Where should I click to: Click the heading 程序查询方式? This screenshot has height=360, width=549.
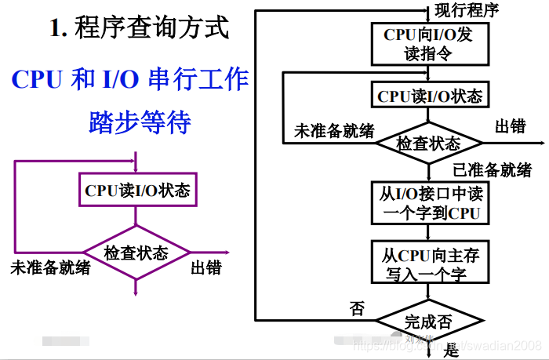click(x=152, y=29)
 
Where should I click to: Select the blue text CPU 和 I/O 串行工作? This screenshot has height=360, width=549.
click(x=130, y=78)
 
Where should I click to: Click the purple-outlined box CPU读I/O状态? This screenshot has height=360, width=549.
click(x=137, y=190)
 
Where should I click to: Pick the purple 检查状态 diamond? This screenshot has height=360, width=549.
click(x=136, y=253)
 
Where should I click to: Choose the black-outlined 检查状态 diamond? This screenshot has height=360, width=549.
click(x=428, y=144)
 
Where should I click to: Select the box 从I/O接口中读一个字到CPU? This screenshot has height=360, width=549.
click(x=429, y=202)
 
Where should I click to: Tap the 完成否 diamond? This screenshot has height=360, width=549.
click(x=428, y=321)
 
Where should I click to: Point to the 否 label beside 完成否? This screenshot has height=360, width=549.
click(x=357, y=308)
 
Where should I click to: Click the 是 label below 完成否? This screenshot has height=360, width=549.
click(x=452, y=351)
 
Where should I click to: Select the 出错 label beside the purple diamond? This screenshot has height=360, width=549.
click(x=206, y=268)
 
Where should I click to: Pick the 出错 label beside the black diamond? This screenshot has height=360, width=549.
click(x=511, y=126)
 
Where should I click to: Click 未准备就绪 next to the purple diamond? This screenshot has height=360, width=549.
click(x=50, y=268)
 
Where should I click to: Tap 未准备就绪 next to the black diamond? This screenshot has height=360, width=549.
click(x=334, y=131)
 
